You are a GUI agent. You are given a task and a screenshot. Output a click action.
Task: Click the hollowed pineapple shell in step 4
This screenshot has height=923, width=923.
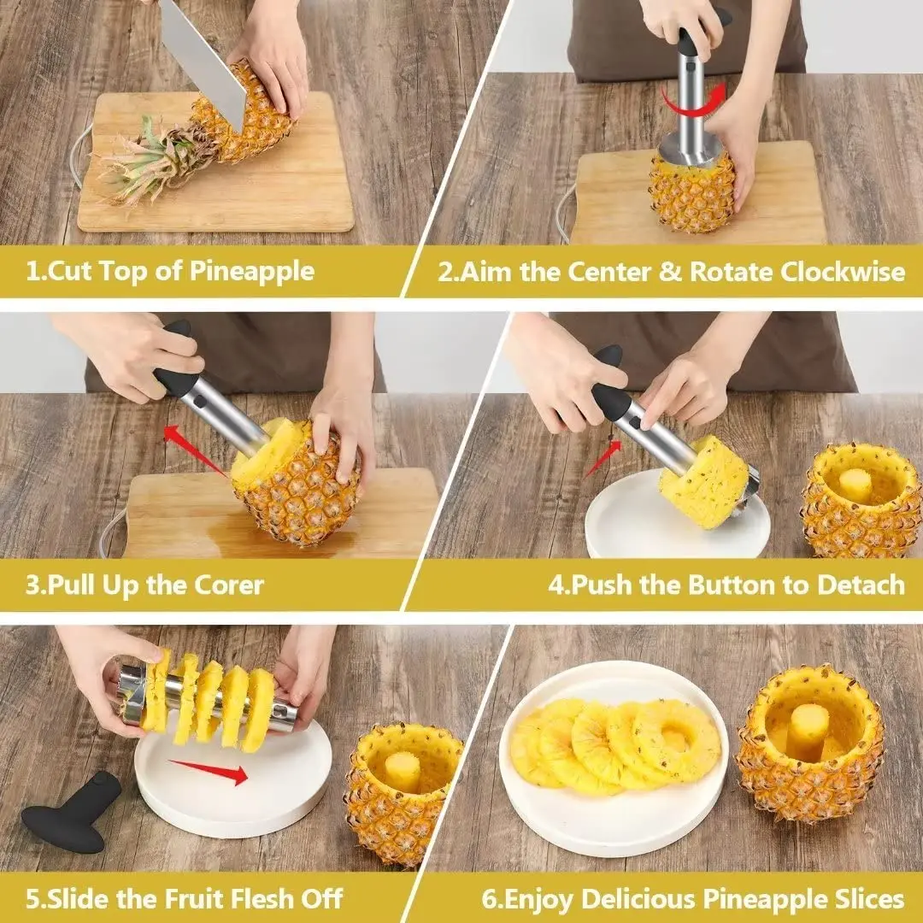[861, 504]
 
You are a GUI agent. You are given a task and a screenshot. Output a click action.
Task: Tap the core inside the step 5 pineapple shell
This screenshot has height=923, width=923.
[402, 769]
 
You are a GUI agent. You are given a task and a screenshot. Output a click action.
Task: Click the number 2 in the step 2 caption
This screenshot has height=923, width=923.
[446, 272]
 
